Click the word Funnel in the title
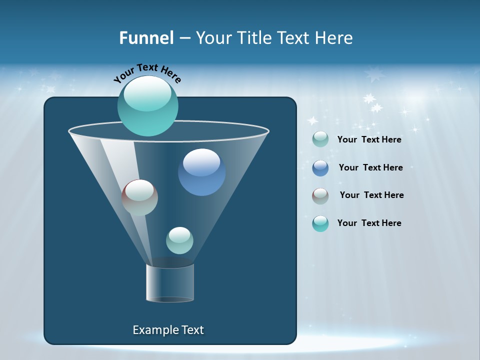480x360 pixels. coord(146,38)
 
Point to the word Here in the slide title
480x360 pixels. coord(334,38)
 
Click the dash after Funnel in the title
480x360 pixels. coord(184,38)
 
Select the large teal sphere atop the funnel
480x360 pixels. coord(148,106)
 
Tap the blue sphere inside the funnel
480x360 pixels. coord(201,172)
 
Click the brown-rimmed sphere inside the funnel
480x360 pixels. coord(139,197)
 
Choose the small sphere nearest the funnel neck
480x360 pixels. coord(179,240)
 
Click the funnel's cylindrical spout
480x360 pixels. coord(170,283)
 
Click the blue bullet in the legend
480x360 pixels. coord(320,168)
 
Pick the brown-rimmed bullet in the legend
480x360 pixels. coord(320,196)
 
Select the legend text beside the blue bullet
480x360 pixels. coord(370,167)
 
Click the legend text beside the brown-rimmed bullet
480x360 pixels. coord(371,195)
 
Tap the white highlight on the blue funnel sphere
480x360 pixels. coord(201,162)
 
